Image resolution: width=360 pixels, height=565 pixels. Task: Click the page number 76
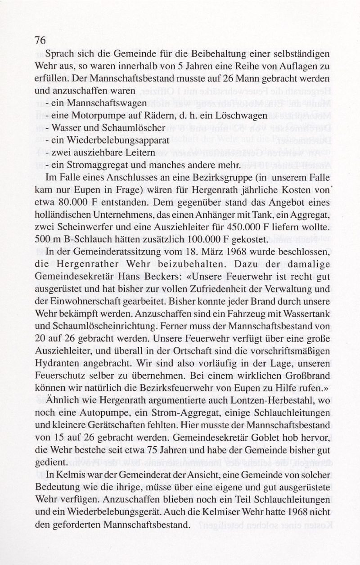pos(40,40)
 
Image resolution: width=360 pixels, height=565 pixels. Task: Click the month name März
pos(220,250)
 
